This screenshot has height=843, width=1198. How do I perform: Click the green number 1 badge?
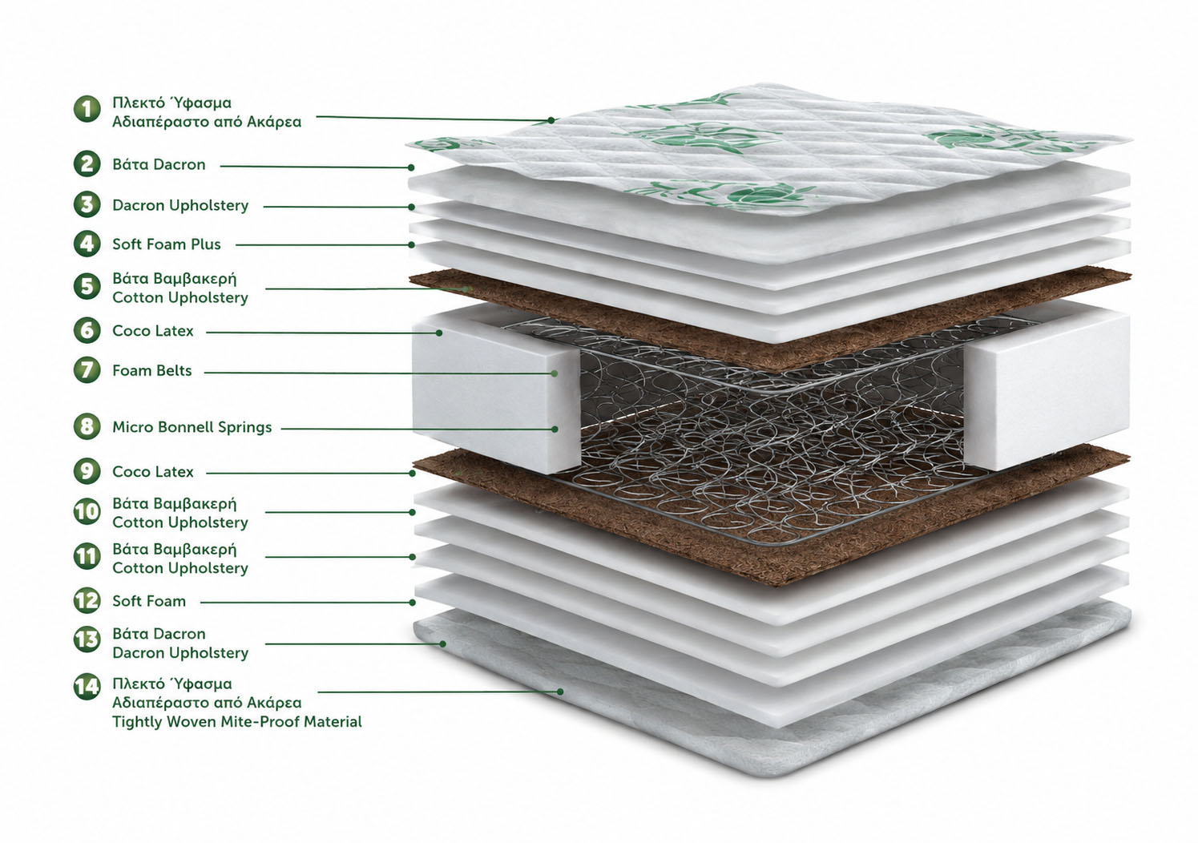pyautogui.click(x=87, y=109)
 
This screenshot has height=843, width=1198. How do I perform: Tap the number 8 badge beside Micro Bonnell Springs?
pyautogui.click(x=87, y=427)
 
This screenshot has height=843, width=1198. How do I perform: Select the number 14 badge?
pyautogui.click(x=87, y=686)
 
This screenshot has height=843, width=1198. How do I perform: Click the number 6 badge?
pyautogui.click(x=87, y=330)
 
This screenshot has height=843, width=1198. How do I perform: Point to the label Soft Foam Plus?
pyautogui.click(x=167, y=244)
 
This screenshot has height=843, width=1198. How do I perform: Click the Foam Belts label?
pyautogui.click(x=152, y=370)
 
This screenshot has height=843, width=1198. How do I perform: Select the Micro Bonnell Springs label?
pyautogui.click(x=192, y=427)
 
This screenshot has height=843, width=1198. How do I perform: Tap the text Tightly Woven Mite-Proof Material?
pyautogui.click(x=237, y=722)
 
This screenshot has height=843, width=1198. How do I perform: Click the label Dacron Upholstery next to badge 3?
pyautogui.click(x=180, y=205)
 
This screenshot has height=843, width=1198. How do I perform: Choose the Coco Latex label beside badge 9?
pyautogui.click(x=153, y=472)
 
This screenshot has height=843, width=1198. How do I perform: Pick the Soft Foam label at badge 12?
pyautogui.click(x=149, y=601)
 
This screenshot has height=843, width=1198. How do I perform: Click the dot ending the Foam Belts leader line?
pyautogui.click(x=555, y=373)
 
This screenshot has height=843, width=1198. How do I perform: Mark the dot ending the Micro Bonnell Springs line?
pyautogui.click(x=555, y=429)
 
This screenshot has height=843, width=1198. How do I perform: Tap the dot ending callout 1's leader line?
pyautogui.click(x=551, y=120)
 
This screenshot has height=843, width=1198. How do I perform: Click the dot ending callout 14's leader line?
pyautogui.click(x=560, y=692)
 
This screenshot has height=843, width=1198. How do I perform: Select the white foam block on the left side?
pyautogui.click(x=496, y=390)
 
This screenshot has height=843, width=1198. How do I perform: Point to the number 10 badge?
pyautogui.click(x=87, y=512)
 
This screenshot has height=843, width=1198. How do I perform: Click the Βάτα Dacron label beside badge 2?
pyautogui.click(x=159, y=164)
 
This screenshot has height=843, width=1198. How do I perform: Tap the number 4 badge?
pyautogui.click(x=87, y=244)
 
